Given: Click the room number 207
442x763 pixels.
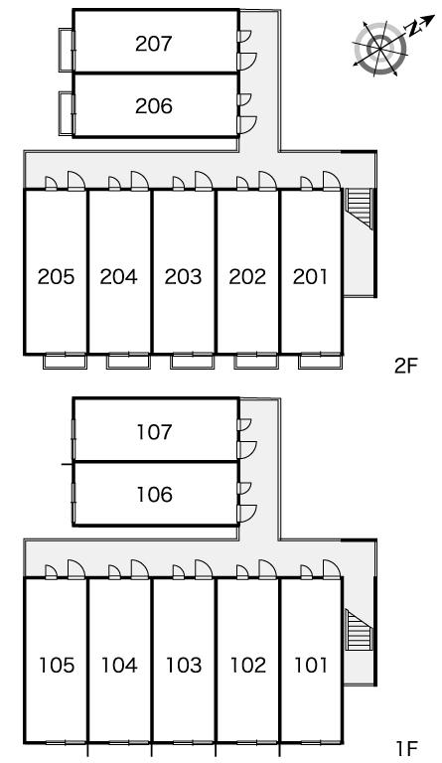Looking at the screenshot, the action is click(154, 44).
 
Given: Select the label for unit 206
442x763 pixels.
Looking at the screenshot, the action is click(154, 106).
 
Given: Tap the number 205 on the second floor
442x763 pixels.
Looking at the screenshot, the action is click(56, 277).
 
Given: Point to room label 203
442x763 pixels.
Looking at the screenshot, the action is click(183, 277).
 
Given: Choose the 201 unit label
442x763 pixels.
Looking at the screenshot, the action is click(310, 277).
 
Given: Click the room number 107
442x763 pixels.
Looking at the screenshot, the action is click(154, 432).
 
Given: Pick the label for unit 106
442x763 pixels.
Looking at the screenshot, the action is click(154, 495).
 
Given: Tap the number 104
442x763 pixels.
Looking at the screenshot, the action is click(119, 666).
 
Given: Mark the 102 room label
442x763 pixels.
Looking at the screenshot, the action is click(248, 666).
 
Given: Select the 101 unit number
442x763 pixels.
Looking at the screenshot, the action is click(311, 666).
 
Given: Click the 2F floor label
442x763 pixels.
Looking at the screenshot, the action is click(406, 367).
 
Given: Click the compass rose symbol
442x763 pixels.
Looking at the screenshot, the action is click(379, 48).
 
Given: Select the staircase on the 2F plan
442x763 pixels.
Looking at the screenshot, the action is click(359, 209).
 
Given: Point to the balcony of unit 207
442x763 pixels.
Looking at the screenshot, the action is click(66, 50).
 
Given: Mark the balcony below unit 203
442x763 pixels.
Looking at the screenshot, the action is click(192, 361).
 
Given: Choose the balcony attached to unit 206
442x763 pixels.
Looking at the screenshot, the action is click(66, 113).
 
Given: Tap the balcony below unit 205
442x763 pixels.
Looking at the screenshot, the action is click(65, 361).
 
